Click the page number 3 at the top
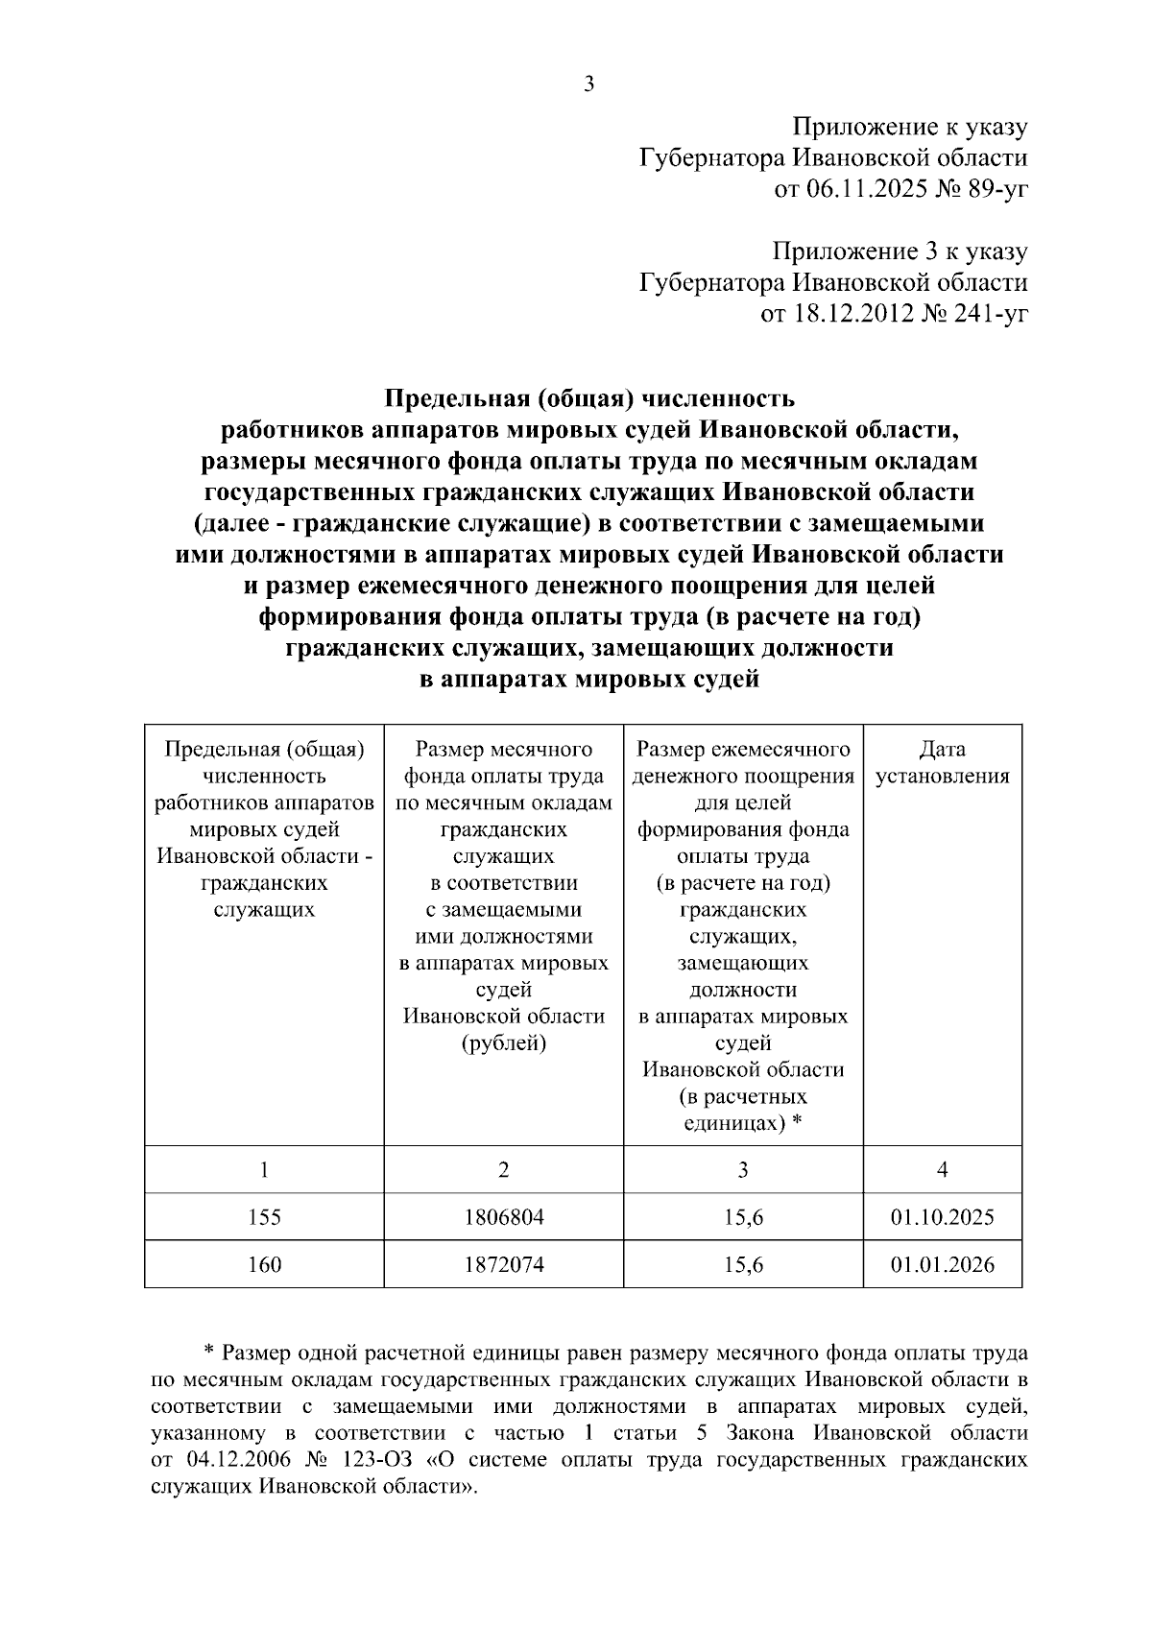tap(588, 84)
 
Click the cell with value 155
tap(264, 1217)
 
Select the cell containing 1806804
tap(503, 1217)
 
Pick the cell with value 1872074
tap(503, 1264)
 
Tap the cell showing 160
tap(264, 1264)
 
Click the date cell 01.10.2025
tap(942, 1217)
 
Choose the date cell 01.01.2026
tap(942, 1264)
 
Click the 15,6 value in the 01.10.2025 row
tap(743, 1217)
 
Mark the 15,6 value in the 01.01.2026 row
tap(743, 1264)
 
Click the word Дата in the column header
tap(942, 749)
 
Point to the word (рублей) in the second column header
tap(503, 1042)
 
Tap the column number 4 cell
tap(942, 1169)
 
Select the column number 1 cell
tap(264, 1169)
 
